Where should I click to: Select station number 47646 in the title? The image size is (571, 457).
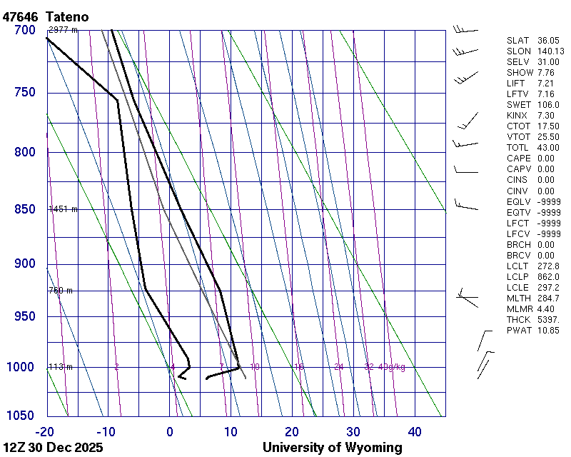(x=20, y=16)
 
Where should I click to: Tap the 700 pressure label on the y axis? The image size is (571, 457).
(x=24, y=30)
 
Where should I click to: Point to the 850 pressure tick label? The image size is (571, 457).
(x=24, y=209)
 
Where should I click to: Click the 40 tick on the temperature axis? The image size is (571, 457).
(x=415, y=431)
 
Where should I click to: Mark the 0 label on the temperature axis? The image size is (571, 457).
(x=170, y=431)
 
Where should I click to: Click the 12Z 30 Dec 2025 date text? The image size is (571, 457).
(x=53, y=448)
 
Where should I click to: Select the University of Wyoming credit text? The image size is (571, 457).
(x=333, y=448)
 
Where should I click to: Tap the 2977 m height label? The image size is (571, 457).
(x=63, y=30)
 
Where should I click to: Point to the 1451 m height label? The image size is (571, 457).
(x=63, y=209)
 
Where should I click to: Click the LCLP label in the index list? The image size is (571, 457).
(x=519, y=276)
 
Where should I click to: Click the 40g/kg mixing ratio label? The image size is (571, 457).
(x=392, y=367)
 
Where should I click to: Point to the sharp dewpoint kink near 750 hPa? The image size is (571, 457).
(x=118, y=100)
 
